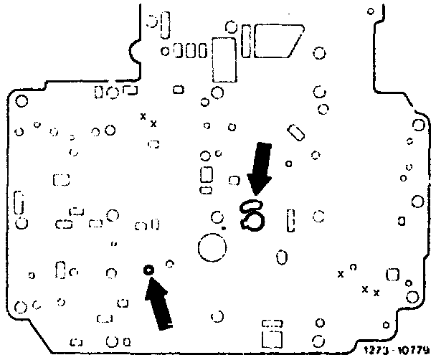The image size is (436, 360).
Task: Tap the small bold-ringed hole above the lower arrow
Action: point(148,270)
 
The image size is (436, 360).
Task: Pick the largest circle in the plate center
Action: point(212,248)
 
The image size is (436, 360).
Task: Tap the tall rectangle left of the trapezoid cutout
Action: point(224,60)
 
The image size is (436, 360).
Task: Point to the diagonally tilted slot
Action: point(295,133)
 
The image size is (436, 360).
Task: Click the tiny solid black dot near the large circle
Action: point(224,228)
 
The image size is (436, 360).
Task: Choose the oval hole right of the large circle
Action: point(283,255)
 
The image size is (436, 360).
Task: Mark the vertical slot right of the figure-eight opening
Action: point(290,219)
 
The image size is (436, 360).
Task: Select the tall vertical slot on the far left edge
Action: point(19,202)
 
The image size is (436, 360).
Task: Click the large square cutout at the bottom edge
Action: point(272,339)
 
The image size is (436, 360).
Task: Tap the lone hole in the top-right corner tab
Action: point(370,11)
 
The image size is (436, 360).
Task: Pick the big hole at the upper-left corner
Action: point(22,101)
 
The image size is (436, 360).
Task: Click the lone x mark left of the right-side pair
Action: point(341,274)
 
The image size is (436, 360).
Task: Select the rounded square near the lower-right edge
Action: point(392,274)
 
